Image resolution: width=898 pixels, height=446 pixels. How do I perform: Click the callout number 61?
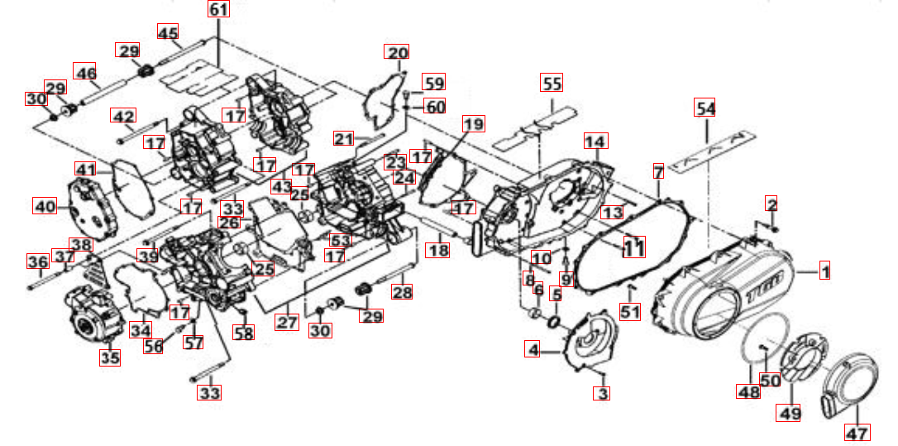pyautogui.click(x=218, y=9)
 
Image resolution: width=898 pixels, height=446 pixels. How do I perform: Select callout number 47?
pyautogui.click(x=857, y=433)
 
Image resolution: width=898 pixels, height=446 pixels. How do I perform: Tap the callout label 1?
pyautogui.click(x=824, y=270)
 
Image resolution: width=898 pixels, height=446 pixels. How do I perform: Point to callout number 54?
pyautogui.click(x=705, y=108)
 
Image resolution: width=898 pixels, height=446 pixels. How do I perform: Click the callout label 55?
pyautogui.click(x=552, y=83)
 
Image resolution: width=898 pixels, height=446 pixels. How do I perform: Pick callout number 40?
pyautogui.click(x=44, y=204)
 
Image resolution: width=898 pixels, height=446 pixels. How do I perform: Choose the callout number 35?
pyautogui.click(x=111, y=357)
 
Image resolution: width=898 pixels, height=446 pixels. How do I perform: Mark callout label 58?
pyautogui.click(x=243, y=333)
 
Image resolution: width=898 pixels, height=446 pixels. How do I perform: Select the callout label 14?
pyautogui.click(x=596, y=141)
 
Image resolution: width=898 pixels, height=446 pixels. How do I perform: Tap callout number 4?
pyautogui.click(x=533, y=349)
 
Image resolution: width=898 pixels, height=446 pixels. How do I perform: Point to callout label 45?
pyautogui.click(x=167, y=32)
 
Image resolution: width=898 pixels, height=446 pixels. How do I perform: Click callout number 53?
pyautogui.click(x=341, y=240)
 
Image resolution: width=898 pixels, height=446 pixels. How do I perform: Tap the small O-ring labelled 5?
pyautogui.click(x=554, y=322)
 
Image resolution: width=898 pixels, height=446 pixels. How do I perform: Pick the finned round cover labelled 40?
pyautogui.click(x=93, y=210)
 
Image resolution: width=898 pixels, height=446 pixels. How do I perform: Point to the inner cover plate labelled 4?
pyautogui.click(x=590, y=343)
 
